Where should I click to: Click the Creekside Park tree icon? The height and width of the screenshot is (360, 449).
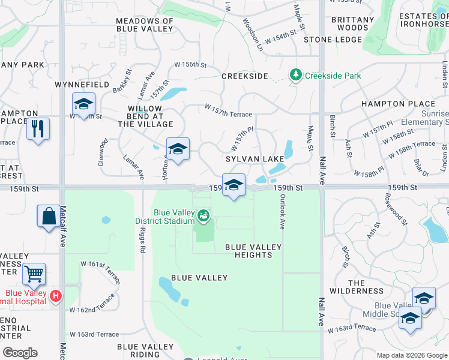click(x=295, y=76)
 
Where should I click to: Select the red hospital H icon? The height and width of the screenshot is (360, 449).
click(x=55, y=296)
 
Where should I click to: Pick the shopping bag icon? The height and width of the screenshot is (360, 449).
click(x=49, y=216)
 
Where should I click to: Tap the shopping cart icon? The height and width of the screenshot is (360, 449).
click(x=34, y=274)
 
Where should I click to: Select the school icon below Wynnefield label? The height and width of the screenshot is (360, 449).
click(x=83, y=104)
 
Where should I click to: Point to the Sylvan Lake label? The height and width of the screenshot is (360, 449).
click(x=255, y=159)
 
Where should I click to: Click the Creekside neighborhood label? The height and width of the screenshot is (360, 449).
click(x=244, y=76)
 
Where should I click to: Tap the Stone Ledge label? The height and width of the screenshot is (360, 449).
click(x=333, y=40)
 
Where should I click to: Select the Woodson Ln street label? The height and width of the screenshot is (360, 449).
click(x=253, y=34)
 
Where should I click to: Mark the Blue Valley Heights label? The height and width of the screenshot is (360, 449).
click(x=249, y=251)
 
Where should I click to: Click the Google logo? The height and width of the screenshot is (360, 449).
click(x=20, y=353)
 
